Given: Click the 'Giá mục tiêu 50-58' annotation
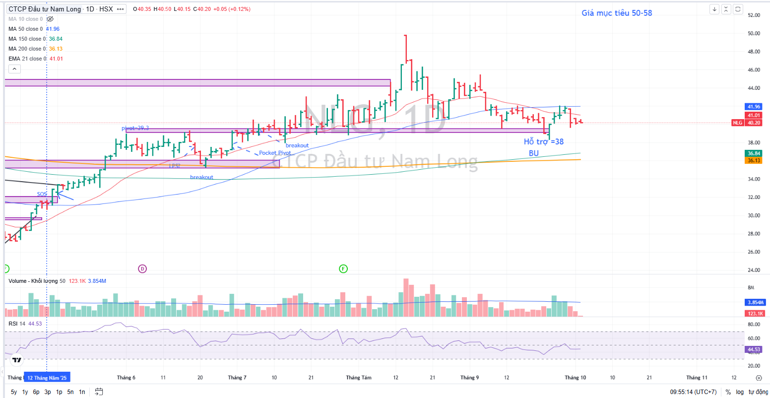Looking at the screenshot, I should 617,13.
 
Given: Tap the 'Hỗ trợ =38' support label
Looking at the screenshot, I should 544,142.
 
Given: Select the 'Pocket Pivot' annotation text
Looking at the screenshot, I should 275,153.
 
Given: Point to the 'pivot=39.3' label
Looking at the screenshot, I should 135,128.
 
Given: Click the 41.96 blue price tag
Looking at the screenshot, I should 754,107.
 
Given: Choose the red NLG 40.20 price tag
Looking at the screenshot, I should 748,123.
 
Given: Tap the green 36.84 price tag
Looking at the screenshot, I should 754,154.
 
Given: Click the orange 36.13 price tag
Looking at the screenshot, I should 754,160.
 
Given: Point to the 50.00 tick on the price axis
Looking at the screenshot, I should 754,33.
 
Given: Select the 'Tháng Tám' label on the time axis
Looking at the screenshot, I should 359,378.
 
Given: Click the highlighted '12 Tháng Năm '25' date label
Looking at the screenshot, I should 47,378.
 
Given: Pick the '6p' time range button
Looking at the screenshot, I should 36,392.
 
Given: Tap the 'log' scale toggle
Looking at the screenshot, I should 740,392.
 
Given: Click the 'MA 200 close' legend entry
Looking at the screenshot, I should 27,49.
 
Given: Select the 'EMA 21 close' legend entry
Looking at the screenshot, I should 28,59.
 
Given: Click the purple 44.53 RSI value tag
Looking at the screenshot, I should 754,349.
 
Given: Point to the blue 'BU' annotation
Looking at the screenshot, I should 534,153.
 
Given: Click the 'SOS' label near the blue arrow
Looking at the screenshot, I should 42,194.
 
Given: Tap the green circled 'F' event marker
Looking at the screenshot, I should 343,269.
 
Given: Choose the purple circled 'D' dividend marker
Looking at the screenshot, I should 142,269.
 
